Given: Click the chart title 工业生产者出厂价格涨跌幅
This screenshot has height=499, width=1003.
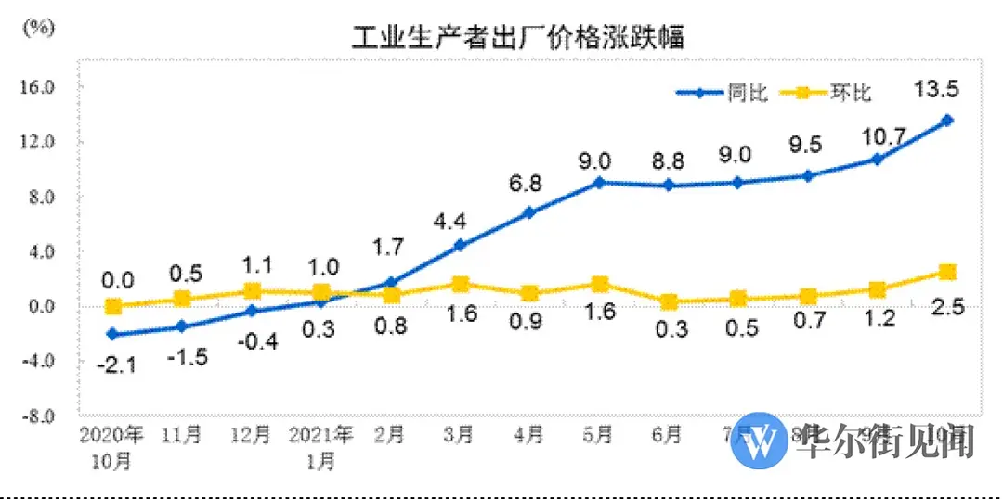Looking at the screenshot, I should [x=517, y=39].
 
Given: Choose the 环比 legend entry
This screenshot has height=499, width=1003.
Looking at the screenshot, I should [x=827, y=93].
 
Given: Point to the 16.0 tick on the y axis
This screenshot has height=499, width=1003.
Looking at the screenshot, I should [x=39, y=87].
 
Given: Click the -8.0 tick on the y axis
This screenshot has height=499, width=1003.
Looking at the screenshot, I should [x=39, y=415].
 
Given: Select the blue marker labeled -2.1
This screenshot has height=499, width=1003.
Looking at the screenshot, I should [x=112, y=334].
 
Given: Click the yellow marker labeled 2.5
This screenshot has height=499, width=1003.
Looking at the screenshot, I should [x=947, y=272].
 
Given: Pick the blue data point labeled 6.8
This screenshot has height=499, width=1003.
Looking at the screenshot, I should [x=529, y=212].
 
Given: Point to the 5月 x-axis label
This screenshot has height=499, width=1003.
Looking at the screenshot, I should [x=599, y=434].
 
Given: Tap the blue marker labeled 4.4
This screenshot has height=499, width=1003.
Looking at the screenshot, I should [x=460, y=245].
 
